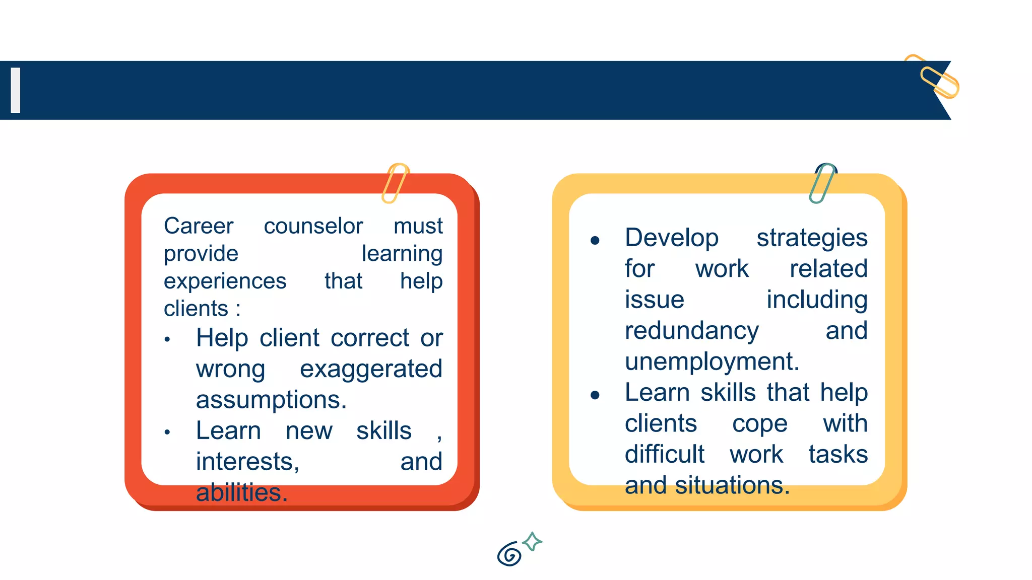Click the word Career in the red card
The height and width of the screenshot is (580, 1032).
199,226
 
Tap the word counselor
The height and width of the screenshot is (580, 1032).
313,226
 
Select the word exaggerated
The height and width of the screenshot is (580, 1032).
371,369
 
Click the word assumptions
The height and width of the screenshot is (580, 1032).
271,400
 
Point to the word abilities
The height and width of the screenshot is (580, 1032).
241,492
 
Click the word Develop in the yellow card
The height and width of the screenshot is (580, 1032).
671,238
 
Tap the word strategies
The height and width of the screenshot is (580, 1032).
812,238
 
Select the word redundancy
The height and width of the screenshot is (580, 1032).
691,331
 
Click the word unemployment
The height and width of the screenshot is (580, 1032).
712,361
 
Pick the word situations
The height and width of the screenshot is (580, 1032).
732,485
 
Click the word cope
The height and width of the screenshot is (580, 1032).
759,424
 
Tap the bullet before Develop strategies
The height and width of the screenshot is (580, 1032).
595,241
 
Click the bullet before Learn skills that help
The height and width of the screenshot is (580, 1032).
595,395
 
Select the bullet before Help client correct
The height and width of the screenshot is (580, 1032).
167,340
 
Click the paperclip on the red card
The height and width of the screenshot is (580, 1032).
395,183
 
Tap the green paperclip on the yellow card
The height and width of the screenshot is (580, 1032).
823,183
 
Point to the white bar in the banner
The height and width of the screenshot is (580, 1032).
16,90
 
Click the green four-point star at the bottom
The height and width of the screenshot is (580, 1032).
532,542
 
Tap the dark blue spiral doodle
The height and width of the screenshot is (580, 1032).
509,554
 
